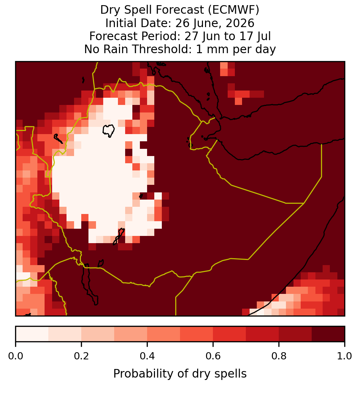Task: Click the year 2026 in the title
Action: click(240, 23)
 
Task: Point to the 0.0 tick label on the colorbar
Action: click(15, 356)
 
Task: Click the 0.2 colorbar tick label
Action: click(81, 356)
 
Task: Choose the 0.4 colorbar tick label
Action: click(147, 356)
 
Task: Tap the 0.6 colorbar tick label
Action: click(213, 356)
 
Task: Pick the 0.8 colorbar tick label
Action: click(279, 356)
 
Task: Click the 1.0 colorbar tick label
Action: click(345, 356)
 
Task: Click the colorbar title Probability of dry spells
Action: click(180, 374)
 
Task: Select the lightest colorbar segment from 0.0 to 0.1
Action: click(32, 334)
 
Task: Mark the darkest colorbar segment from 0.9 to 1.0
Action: click(328, 334)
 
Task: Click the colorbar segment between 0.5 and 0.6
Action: click(197, 334)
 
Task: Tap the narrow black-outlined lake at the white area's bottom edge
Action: click(119, 236)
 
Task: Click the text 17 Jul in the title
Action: click(255, 36)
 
